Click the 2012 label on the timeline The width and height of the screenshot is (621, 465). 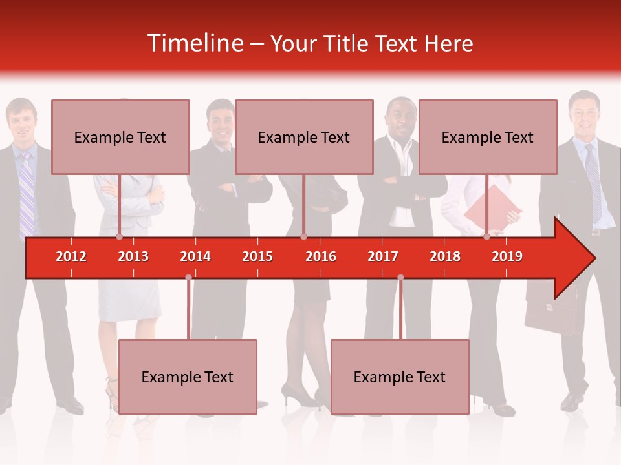pyautogui.click(x=71, y=256)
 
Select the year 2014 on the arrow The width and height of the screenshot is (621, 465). pyautogui.click(x=195, y=256)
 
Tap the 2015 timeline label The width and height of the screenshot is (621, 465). pyautogui.click(x=257, y=256)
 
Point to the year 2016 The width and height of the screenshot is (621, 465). pyautogui.click(x=321, y=256)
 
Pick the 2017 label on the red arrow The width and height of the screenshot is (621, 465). pyautogui.click(x=383, y=256)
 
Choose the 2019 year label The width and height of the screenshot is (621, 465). pyautogui.click(x=507, y=256)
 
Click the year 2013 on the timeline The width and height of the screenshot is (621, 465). pyautogui.click(x=133, y=256)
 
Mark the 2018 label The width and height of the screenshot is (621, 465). pyautogui.click(x=445, y=256)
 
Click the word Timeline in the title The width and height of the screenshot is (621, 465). pyautogui.click(x=195, y=43)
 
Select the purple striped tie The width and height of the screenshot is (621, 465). pyautogui.click(x=27, y=194)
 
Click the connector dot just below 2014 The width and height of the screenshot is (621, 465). pyautogui.click(x=188, y=278)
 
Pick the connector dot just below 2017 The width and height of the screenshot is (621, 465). pyautogui.click(x=400, y=278)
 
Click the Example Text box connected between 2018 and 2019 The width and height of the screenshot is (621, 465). pyautogui.click(x=488, y=137)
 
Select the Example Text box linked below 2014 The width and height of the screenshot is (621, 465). pyautogui.click(x=188, y=377)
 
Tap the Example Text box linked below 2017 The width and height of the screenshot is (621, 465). pyautogui.click(x=400, y=377)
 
